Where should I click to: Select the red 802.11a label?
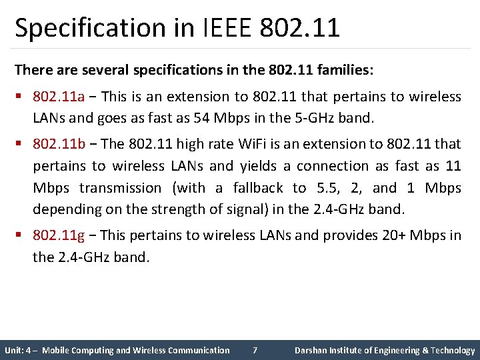[x=59, y=97]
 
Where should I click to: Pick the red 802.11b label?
[x=59, y=143]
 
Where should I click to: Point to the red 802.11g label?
[x=59, y=235]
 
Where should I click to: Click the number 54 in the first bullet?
[x=199, y=119]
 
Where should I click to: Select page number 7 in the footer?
[x=255, y=350]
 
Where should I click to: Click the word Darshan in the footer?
[x=311, y=350]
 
